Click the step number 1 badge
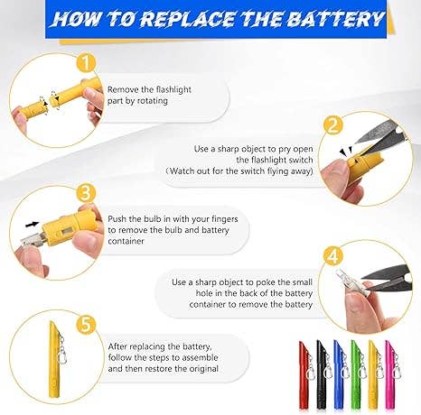coord(86,63)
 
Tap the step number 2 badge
coord(333,125)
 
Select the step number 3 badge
coord(86,192)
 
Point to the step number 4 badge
coord(332,256)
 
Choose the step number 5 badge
coord(86,325)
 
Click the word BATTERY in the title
coord(334,19)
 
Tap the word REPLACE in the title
coord(187,19)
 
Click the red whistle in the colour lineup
coord(304,374)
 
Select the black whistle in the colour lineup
coord(322,374)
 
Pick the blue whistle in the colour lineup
coord(339,374)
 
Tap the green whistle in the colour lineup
coord(356,374)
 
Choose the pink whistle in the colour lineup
coord(390,374)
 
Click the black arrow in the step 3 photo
coord(33,224)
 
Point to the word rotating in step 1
coord(153,101)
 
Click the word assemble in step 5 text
coord(201,357)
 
